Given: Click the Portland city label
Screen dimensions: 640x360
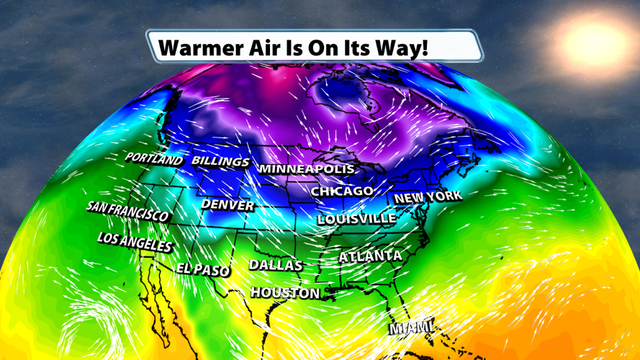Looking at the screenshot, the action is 154,158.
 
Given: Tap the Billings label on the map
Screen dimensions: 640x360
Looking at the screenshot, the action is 220,161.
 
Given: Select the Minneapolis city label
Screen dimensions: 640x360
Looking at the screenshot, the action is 307,168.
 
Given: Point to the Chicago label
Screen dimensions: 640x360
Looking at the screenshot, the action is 342,191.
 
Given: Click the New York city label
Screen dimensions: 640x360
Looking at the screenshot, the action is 428,197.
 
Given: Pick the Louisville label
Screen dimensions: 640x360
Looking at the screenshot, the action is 356,218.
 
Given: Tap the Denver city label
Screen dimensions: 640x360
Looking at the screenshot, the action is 227,204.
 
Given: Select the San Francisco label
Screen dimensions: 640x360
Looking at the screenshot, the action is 127,211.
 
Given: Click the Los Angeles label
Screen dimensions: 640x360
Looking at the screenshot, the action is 135,242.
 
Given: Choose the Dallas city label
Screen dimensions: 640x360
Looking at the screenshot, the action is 276,265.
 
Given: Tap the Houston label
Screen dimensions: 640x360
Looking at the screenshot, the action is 285,293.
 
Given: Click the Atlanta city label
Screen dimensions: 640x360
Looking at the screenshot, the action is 370,256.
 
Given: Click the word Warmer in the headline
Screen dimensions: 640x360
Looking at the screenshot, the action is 199,48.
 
